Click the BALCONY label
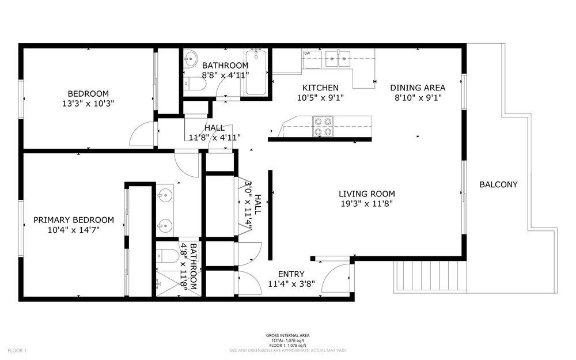[x=498, y=185]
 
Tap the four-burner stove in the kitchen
[x=322, y=126]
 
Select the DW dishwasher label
[x=307, y=54]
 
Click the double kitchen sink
[x=338, y=56]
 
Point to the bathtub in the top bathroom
[x=255, y=73]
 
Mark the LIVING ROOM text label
[x=367, y=194]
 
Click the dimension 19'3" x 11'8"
[x=367, y=204]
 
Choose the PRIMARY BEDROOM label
[x=73, y=220]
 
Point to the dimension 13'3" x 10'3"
[x=88, y=104]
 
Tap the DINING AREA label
[x=418, y=88]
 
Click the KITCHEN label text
[x=320, y=88]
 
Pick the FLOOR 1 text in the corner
[x=17, y=350]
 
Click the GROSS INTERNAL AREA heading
[x=288, y=336]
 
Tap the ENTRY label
[x=291, y=274]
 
